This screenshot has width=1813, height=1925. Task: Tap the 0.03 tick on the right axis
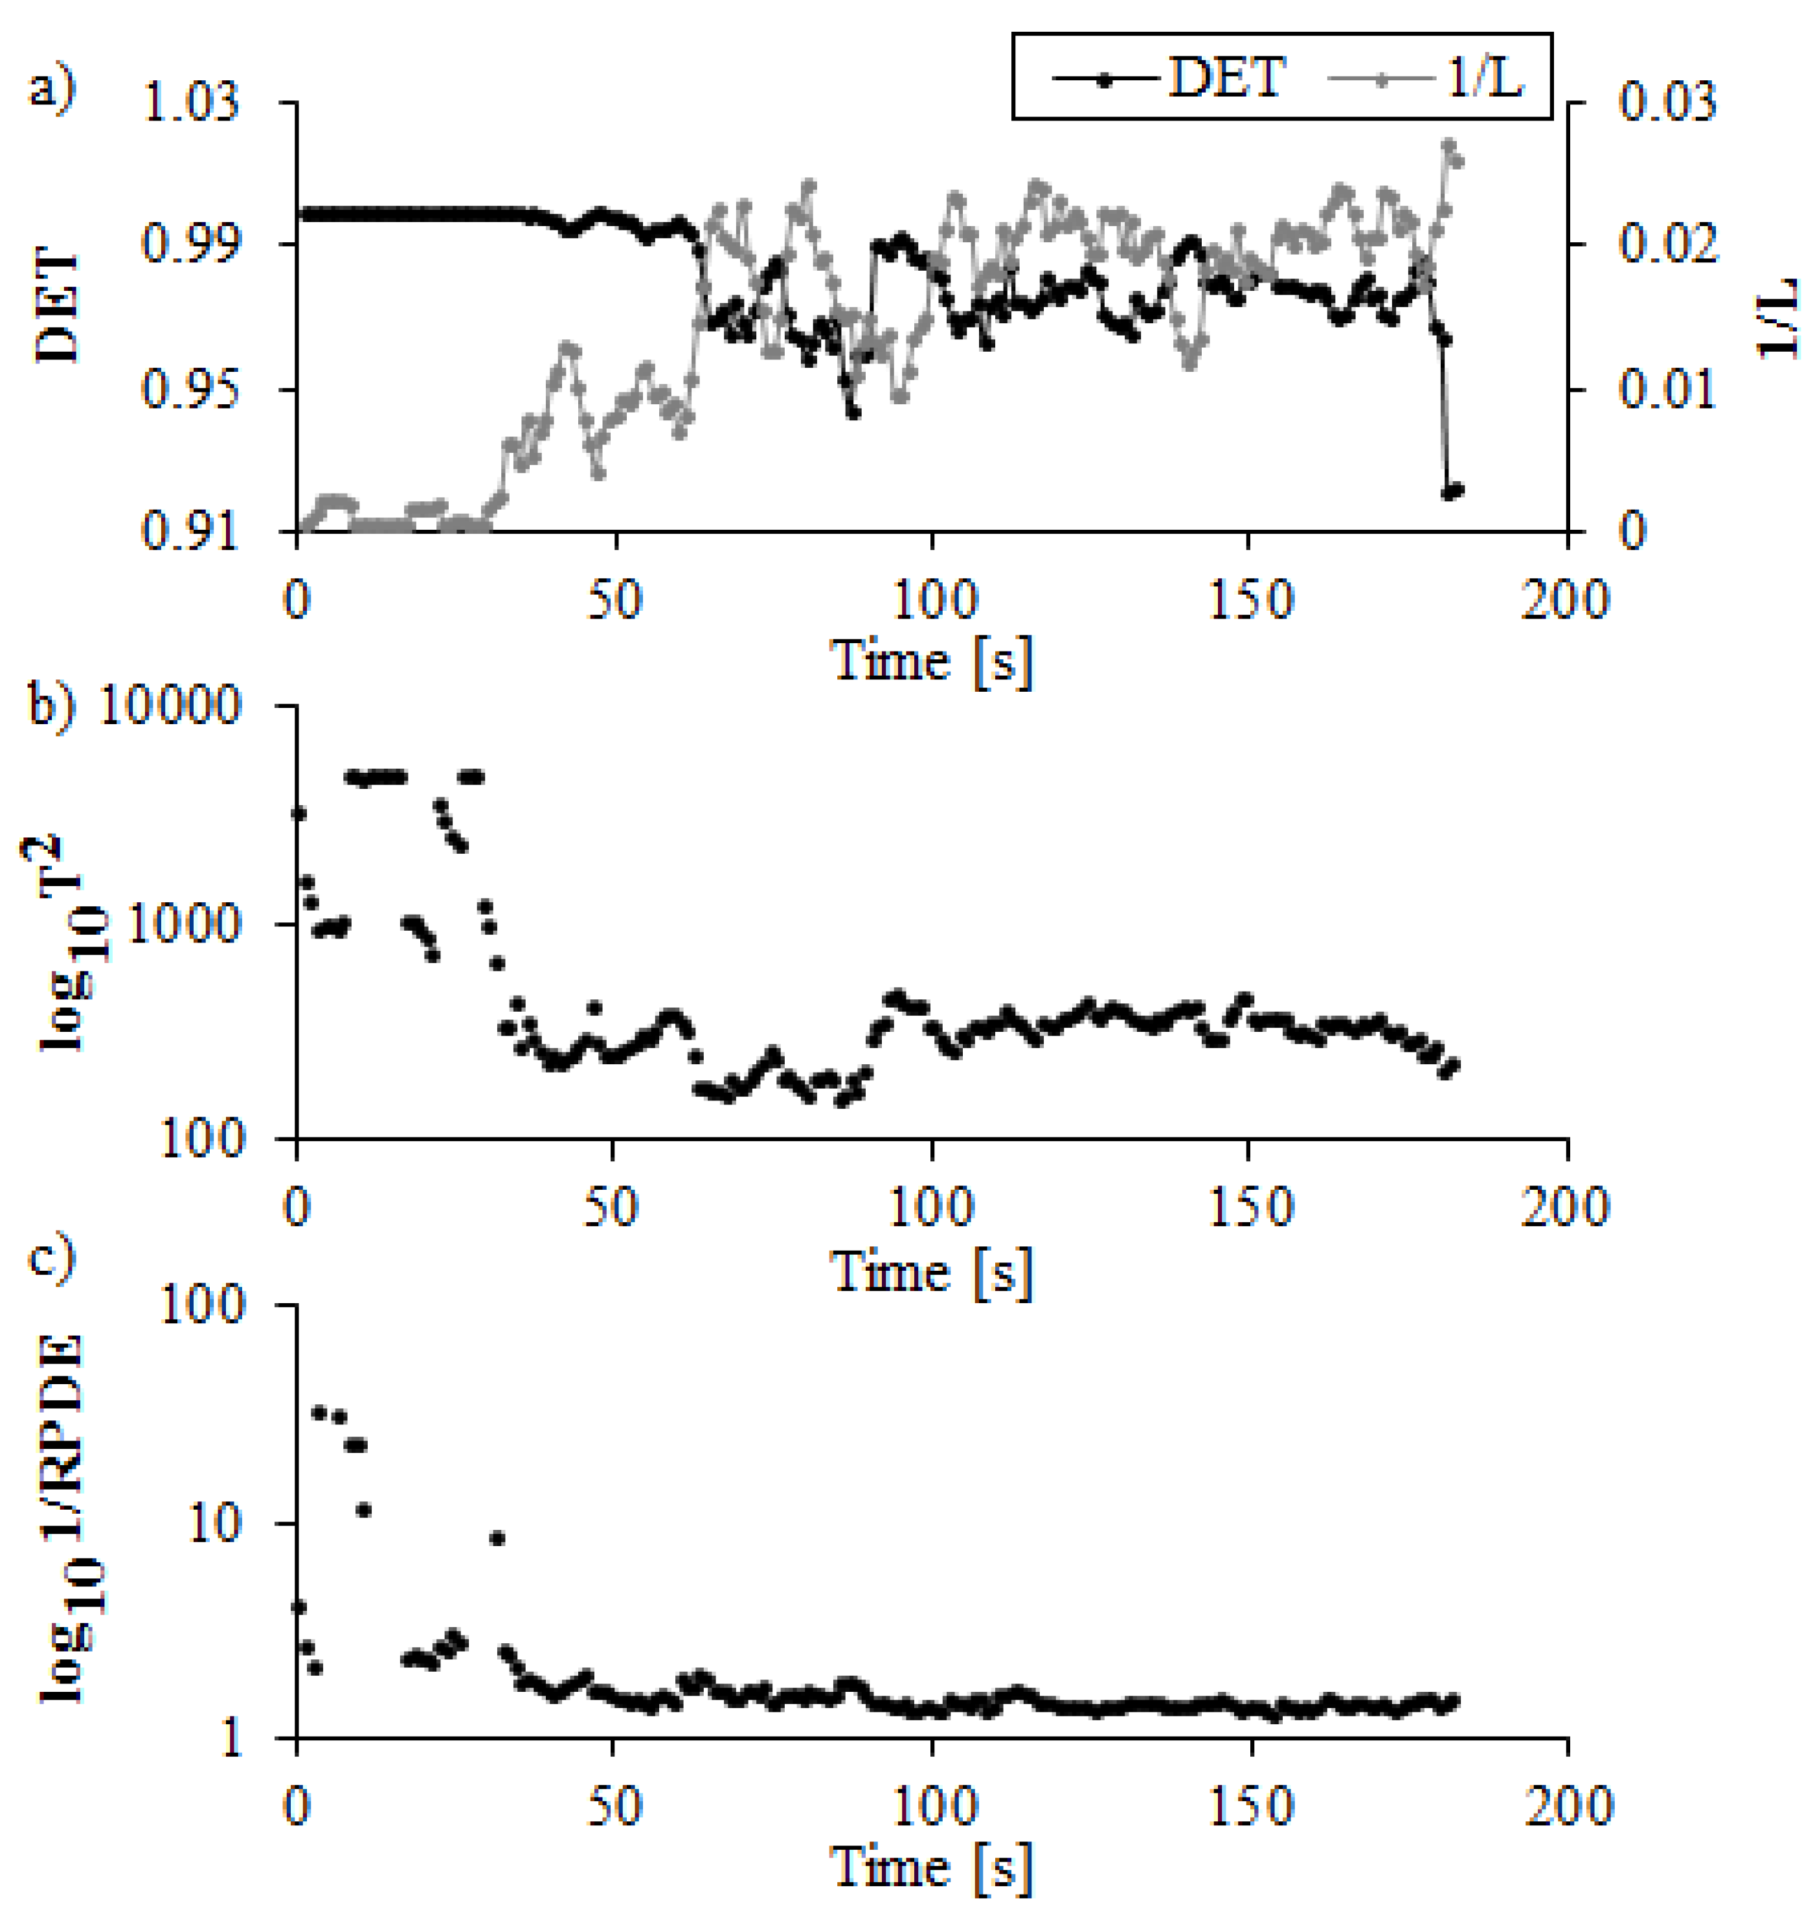[x=1667, y=102]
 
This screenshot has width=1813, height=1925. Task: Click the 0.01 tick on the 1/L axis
[x=1667, y=389]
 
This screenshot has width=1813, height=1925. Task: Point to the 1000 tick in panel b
[x=182, y=924]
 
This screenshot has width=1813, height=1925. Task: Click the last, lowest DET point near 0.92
[x=1452, y=491]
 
